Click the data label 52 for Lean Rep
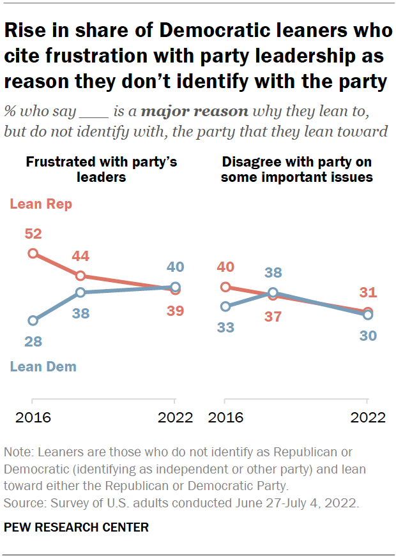click(33, 234)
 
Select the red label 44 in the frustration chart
click(80, 257)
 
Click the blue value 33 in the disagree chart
click(225, 327)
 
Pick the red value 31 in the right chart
click(367, 293)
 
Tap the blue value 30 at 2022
click(367, 335)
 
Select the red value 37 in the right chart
click(273, 317)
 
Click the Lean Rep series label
click(40, 204)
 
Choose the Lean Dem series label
click(43, 366)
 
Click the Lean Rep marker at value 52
click(33, 253)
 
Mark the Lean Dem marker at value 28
click(33, 320)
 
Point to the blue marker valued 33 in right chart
click(225, 307)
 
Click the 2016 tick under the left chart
click(33, 417)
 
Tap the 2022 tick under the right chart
click(367, 417)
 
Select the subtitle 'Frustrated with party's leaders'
click(100, 169)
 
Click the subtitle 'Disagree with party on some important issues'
click(296, 169)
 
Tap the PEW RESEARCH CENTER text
click(76, 527)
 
